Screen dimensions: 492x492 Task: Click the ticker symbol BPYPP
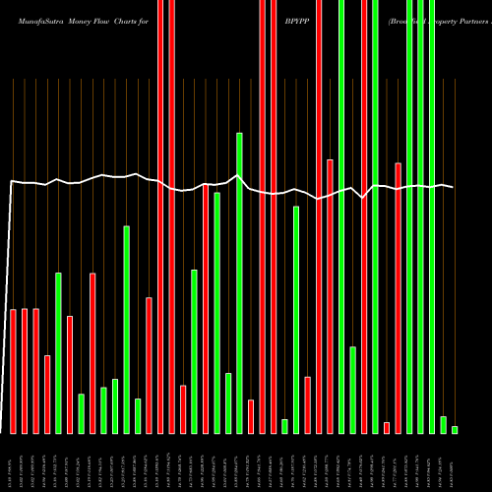(295, 19)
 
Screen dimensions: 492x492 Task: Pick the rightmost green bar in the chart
(455, 429)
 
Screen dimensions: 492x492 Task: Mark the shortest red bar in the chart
(387, 427)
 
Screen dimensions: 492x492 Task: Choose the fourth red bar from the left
(47, 394)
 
